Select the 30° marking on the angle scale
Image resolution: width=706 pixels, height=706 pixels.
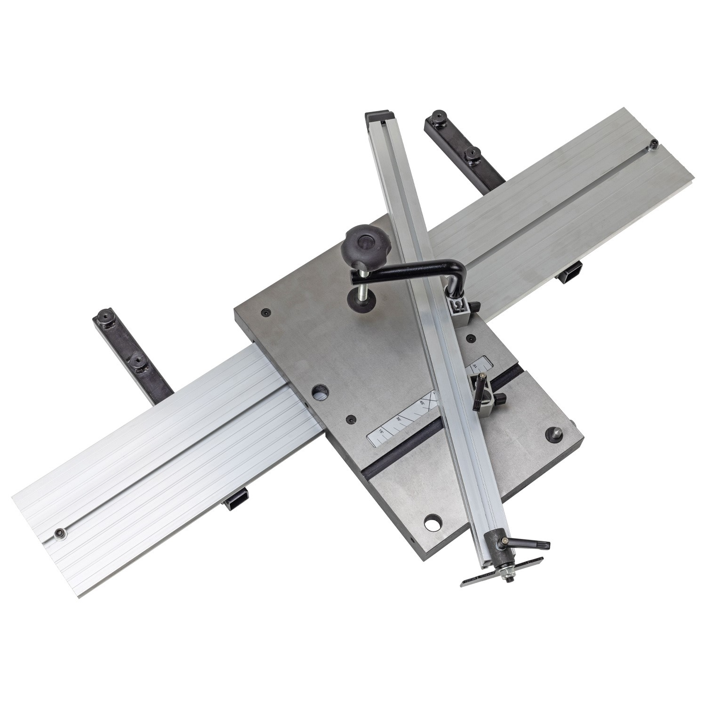click(x=400, y=417)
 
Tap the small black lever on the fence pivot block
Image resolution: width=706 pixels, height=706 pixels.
click(x=480, y=386)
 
